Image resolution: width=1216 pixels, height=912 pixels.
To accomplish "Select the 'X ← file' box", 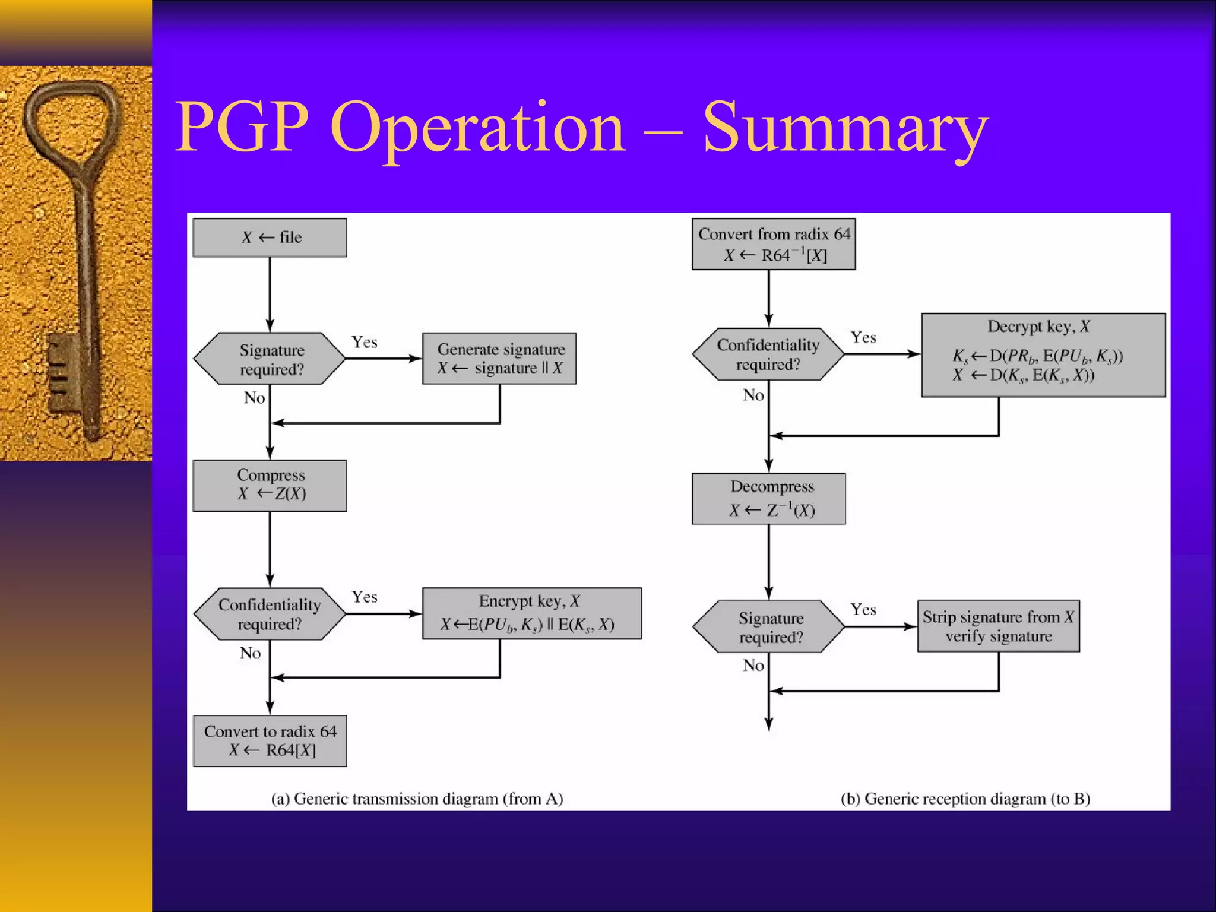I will click(270, 237).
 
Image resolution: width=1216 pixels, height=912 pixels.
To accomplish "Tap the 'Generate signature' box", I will click(499, 359).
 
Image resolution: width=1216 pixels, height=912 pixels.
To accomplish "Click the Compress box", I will click(270, 486).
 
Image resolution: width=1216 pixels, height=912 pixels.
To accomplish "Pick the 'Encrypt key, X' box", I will click(531, 613).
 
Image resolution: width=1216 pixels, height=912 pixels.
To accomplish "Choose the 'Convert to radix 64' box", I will click(270, 740).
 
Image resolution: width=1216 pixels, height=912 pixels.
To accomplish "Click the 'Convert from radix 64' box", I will click(774, 244).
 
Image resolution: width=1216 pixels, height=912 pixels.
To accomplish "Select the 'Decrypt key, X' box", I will click(1043, 355).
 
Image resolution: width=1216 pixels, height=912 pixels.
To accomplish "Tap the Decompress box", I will click(769, 499).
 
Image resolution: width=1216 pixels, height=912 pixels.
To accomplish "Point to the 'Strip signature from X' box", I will click(998, 626).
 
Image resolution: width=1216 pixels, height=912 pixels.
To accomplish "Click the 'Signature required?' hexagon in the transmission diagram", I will click(270, 359).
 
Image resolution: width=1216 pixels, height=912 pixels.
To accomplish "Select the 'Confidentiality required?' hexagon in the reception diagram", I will click(768, 354).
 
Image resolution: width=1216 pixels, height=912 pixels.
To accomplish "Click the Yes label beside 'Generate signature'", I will click(364, 342).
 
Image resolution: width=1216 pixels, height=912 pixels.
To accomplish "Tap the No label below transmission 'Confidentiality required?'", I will click(251, 653).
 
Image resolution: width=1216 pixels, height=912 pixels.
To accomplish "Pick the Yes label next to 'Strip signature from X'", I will click(863, 610).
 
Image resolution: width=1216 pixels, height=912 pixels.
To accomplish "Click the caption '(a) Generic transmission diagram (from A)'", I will click(417, 799).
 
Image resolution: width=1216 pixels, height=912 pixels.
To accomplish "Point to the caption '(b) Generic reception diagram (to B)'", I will click(965, 799).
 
